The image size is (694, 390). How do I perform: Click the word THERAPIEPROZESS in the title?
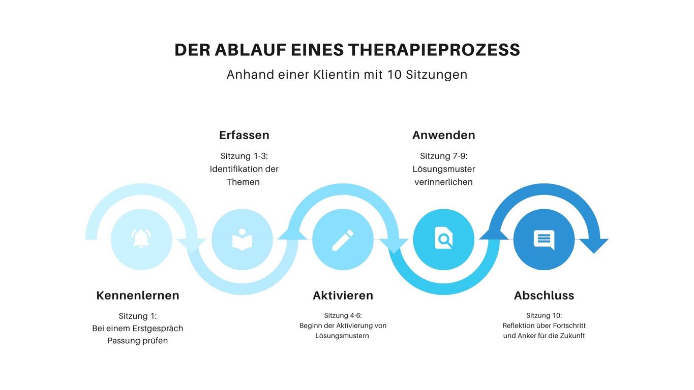coord(434,50)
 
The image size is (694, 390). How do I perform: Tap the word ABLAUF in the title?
coord(250,50)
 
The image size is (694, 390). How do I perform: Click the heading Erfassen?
coord(244,135)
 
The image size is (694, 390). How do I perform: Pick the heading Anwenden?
coord(444,135)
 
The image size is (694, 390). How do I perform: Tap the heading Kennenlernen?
coord(138,296)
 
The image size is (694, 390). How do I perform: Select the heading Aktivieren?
coord(343,296)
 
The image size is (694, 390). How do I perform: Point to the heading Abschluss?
coord(544,296)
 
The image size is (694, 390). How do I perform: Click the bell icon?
coord(141,239)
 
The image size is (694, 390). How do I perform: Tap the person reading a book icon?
coord(243,240)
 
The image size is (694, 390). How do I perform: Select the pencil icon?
coord(343,240)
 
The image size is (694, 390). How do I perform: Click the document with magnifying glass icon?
coord(443,238)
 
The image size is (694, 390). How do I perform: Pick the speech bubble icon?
coord(544,240)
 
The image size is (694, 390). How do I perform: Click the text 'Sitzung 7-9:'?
coord(444,156)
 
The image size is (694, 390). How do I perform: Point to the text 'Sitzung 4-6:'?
coord(343,315)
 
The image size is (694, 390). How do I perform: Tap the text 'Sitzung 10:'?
coord(544,315)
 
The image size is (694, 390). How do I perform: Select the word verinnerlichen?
coord(444,182)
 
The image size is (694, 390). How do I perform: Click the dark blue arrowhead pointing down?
coord(594,246)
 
